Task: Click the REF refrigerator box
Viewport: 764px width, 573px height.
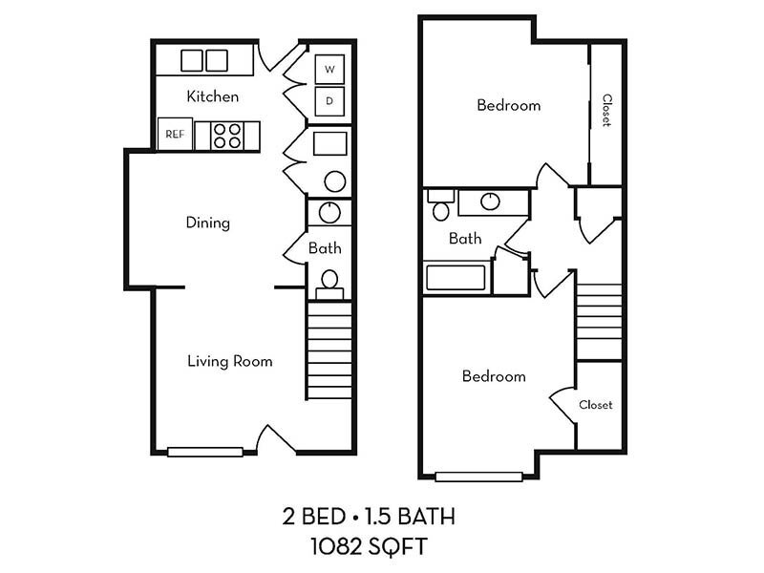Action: coord(175,134)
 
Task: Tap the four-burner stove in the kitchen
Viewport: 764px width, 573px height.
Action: coord(226,135)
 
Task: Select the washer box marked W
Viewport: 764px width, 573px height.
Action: coord(329,70)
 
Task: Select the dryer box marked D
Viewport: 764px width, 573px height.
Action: coord(329,100)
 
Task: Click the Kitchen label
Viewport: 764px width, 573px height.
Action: coord(212,96)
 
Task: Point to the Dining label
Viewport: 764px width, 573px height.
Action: coord(207,223)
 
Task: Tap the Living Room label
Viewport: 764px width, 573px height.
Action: coord(229,361)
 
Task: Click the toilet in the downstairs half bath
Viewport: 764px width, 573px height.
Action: coord(329,281)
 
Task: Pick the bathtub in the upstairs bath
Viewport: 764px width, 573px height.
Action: coord(456,279)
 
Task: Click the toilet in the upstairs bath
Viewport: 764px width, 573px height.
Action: coord(440,206)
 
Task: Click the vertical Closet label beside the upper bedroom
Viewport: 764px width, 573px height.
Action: coord(605,111)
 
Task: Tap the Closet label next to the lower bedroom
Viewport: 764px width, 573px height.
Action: coord(595,405)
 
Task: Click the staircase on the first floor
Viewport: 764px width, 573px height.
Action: coord(329,349)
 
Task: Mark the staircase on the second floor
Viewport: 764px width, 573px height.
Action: coord(600,315)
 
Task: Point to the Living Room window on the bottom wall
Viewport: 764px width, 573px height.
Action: coord(205,452)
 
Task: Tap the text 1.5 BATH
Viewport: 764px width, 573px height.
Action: coord(414,519)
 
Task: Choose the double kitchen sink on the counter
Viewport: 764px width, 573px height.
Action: coord(204,60)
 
